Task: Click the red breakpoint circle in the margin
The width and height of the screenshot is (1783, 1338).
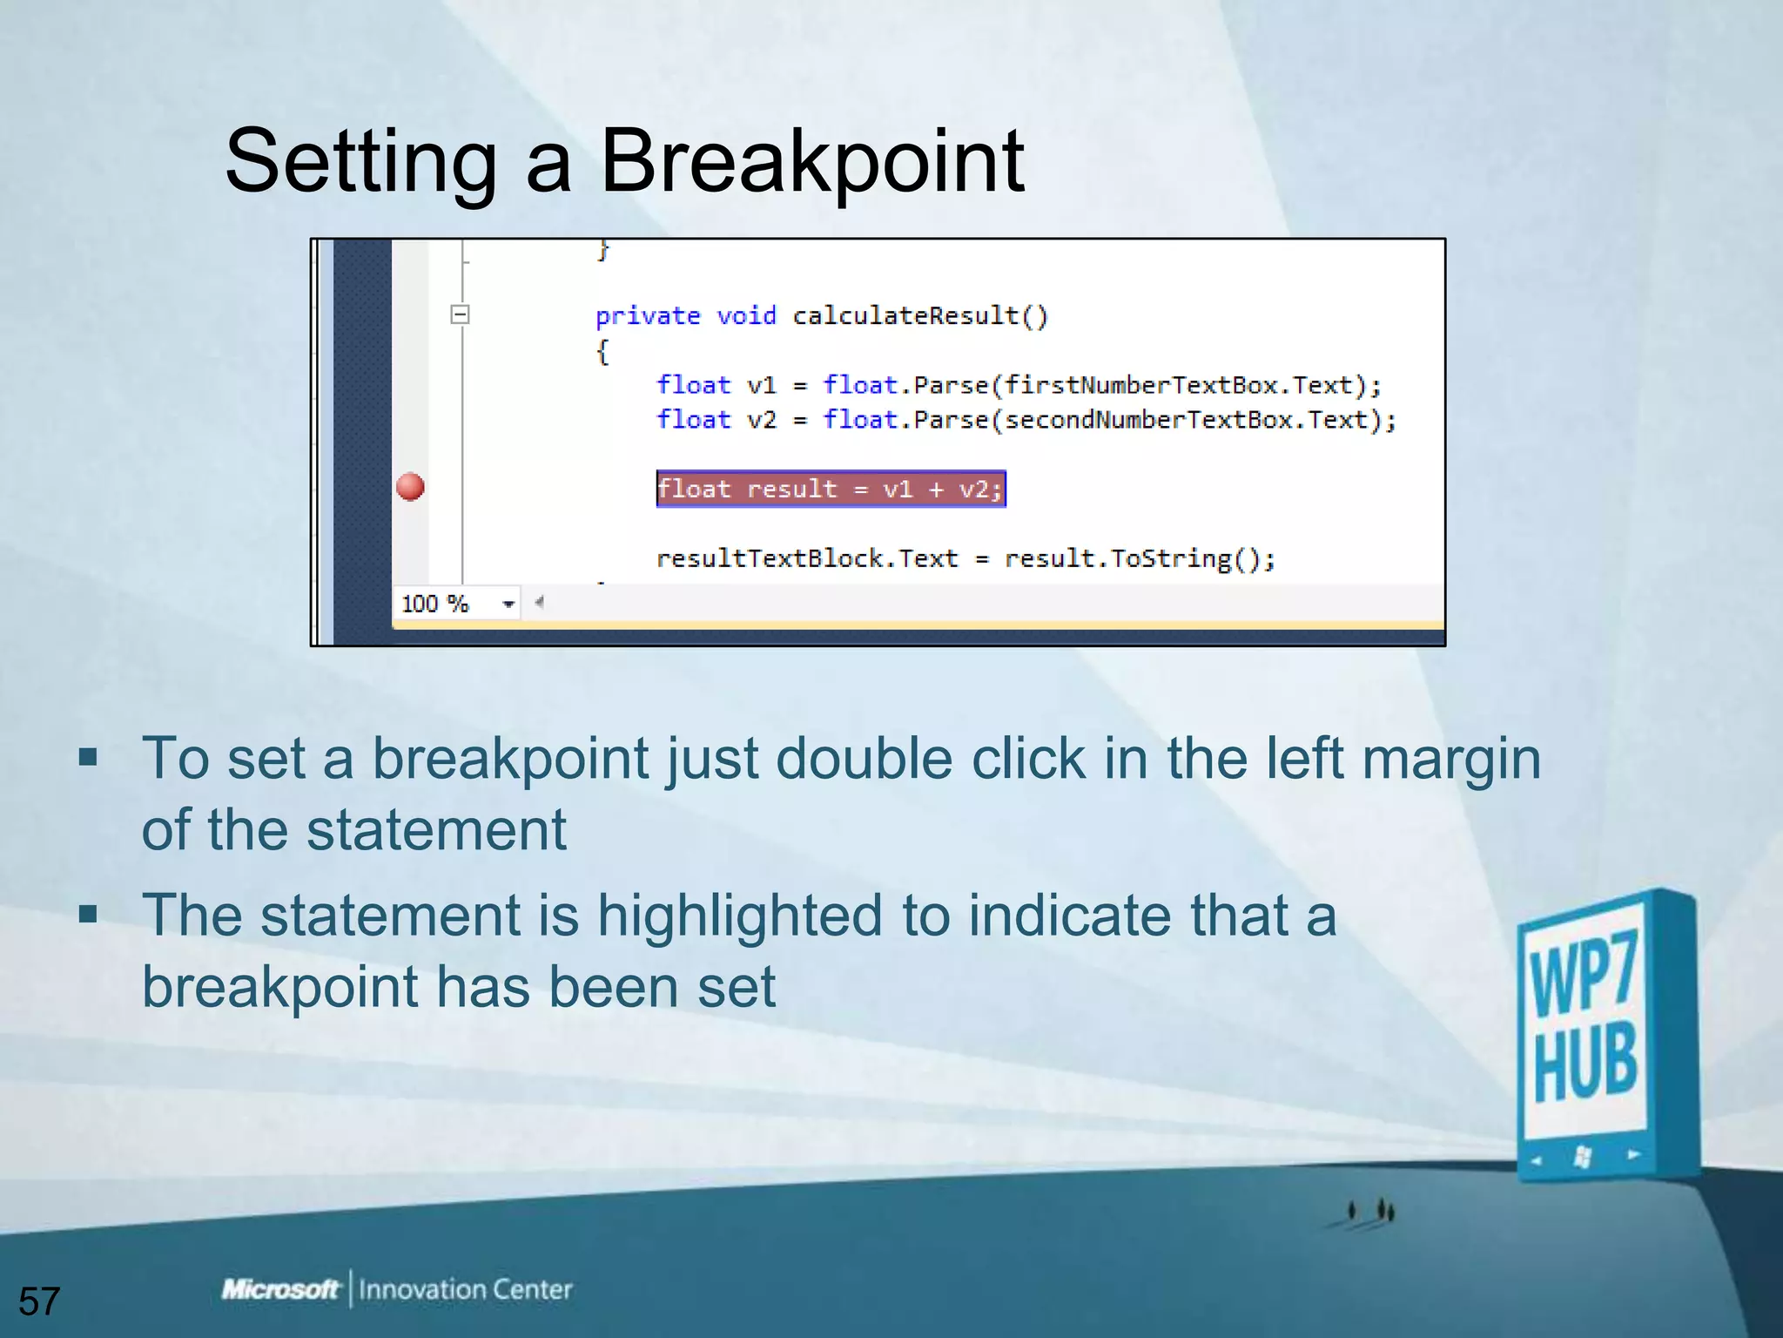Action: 410,487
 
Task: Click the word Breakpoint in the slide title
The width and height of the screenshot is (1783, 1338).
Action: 811,161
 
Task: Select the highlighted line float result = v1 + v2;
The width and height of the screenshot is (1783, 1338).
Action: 831,489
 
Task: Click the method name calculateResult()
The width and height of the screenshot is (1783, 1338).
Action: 920,315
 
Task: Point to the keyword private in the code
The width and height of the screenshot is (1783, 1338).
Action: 648,315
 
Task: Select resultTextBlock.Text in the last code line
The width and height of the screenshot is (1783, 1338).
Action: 806,558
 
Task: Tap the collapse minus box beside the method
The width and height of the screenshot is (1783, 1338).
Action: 461,314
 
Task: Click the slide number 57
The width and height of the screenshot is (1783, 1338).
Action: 39,1301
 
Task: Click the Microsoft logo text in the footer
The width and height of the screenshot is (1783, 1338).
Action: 279,1288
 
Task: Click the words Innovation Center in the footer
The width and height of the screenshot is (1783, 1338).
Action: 466,1289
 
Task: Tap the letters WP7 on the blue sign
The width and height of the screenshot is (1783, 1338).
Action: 1584,973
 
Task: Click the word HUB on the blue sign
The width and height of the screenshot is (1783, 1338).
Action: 1585,1064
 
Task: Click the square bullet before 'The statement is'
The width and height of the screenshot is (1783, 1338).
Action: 88,914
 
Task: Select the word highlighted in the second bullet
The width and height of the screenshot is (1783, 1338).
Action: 739,916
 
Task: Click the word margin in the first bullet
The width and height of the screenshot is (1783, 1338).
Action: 1451,759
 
